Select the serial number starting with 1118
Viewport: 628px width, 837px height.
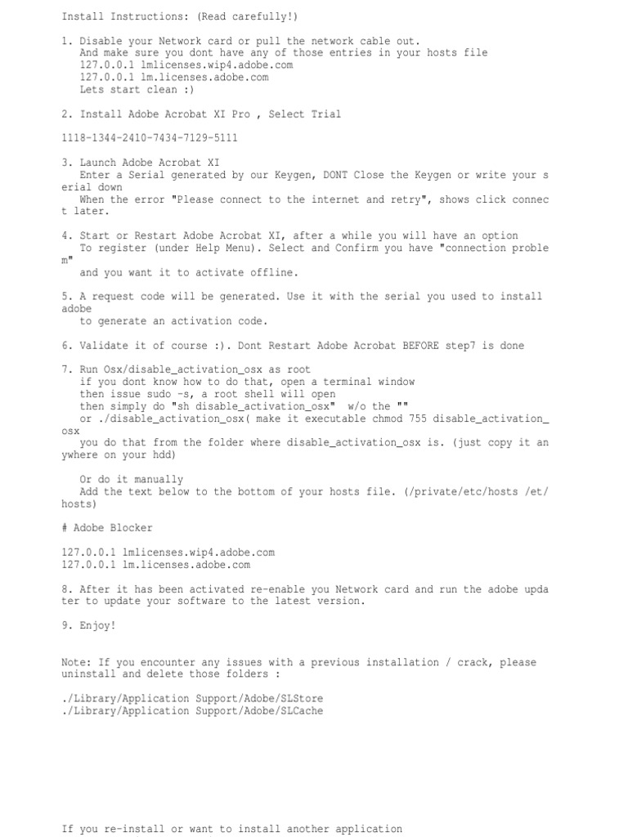[x=150, y=138]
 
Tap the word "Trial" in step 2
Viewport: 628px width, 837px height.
[x=326, y=114]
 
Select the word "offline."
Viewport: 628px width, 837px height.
[x=274, y=272]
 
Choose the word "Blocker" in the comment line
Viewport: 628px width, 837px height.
[x=131, y=528]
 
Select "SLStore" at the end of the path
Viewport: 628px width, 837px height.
[x=302, y=699]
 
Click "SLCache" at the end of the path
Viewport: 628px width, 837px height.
[x=302, y=711]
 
